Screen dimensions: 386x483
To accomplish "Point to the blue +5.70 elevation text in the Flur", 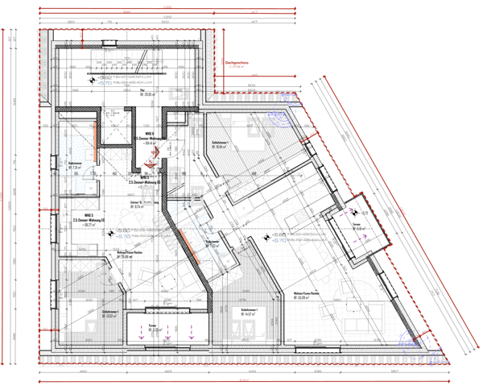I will pos(108,81).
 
